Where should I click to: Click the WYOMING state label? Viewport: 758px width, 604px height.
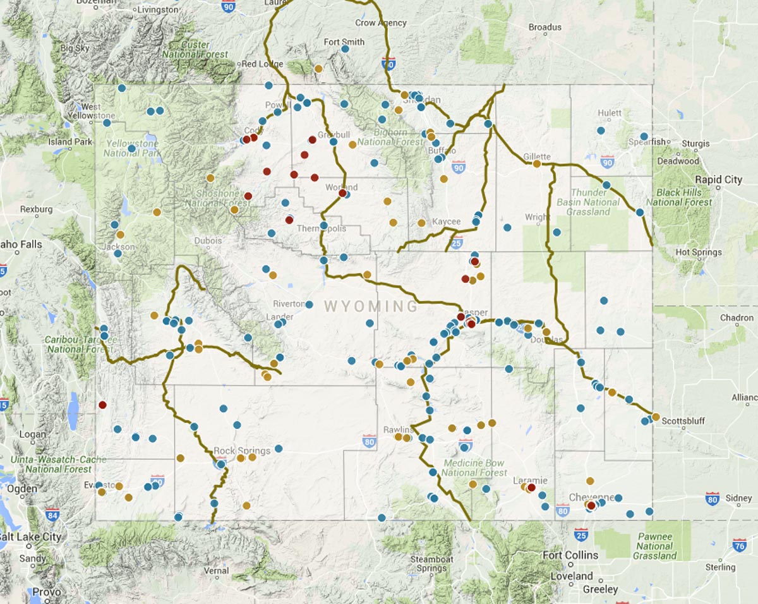(x=371, y=307)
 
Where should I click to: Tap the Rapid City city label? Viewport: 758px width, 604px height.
(x=719, y=180)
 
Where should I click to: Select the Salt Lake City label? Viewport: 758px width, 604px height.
(x=30, y=537)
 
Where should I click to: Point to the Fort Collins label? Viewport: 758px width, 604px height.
(x=570, y=555)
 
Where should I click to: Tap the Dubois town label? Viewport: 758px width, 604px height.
(x=208, y=241)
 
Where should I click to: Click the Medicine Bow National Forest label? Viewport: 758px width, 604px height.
(x=474, y=468)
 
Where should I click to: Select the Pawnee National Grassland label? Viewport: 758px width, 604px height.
(x=654, y=547)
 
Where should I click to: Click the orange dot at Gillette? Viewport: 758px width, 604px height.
(x=536, y=164)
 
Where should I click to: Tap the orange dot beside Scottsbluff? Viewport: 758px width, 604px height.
(x=656, y=417)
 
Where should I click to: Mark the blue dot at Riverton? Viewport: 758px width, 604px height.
(x=309, y=305)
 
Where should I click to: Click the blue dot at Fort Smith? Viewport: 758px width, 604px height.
(x=345, y=51)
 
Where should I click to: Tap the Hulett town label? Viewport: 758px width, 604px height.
(x=610, y=113)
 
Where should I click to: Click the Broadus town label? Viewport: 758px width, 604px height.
(x=544, y=27)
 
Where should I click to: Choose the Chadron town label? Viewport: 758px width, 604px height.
(x=737, y=318)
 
